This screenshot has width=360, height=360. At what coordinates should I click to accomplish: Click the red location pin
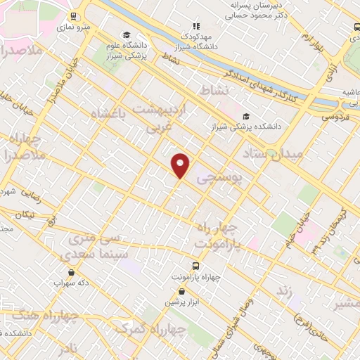(181, 165)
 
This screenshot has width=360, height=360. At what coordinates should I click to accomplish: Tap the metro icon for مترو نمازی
(74, 15)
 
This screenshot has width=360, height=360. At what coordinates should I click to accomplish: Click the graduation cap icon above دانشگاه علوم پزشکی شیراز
(127, 34)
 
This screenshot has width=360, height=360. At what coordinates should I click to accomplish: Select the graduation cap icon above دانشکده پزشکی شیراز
(245, 116)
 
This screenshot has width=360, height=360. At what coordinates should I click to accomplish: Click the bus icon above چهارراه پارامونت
(195, 266)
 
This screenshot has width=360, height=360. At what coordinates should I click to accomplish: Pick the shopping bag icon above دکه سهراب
(70, 272)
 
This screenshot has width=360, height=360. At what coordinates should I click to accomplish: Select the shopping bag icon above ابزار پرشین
(182, 291)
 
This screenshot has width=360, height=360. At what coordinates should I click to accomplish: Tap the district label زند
(283, 290)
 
